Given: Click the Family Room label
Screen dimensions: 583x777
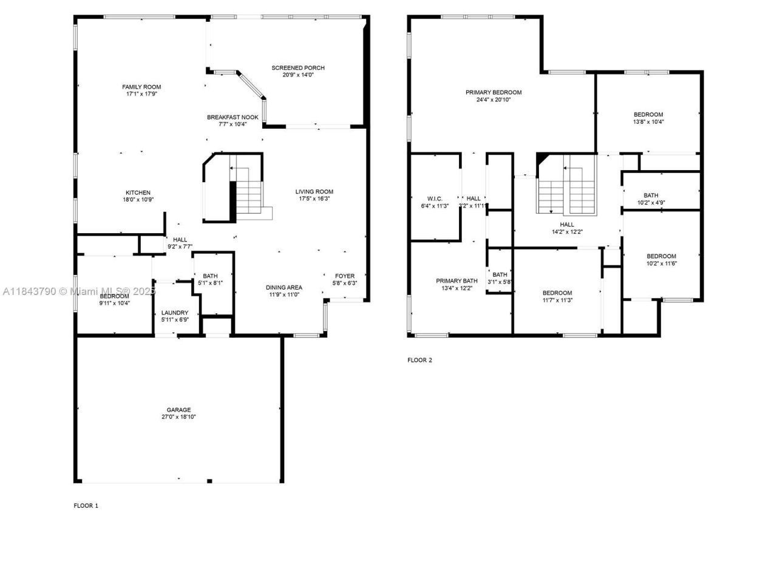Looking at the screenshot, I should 141,87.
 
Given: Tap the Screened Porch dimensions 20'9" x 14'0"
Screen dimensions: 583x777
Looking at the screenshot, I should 298,75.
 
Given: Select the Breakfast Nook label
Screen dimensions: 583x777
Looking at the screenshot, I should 232,117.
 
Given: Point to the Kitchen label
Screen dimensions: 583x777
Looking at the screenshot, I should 138,193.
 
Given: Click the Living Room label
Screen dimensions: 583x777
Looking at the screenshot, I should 314,192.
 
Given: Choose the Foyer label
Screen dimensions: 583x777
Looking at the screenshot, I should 345,276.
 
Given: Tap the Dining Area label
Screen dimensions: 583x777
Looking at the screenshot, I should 283,288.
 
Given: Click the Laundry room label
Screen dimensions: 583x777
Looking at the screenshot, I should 175,313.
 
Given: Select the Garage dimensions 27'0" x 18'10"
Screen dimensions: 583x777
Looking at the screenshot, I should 178,417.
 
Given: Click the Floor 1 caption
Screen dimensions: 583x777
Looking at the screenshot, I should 86,505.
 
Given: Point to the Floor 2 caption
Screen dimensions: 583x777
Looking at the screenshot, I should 419,360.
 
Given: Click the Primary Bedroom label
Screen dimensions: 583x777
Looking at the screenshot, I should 494,92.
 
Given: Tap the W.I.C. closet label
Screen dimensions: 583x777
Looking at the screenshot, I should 435,199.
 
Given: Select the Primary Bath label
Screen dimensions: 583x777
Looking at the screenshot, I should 456,281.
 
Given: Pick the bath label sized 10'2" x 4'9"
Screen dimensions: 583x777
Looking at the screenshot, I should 651,196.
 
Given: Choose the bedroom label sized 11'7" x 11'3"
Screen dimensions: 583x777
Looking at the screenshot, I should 557,293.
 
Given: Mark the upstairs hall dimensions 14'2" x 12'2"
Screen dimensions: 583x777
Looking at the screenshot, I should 567,232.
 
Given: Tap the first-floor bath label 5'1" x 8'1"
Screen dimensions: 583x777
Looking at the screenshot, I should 210,276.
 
